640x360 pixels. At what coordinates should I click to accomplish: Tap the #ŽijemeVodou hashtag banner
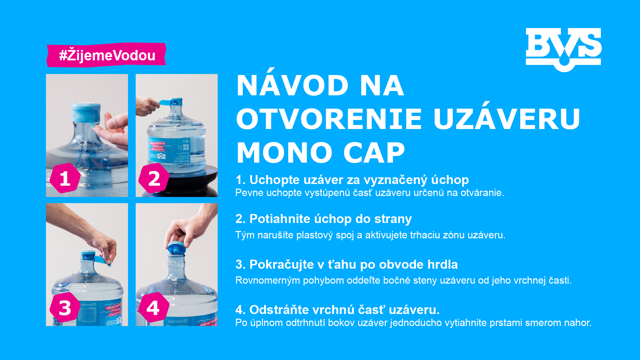107,55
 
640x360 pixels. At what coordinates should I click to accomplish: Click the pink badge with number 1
65,178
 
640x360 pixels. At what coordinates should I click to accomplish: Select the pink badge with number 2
154,179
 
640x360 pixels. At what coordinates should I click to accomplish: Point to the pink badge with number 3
65,308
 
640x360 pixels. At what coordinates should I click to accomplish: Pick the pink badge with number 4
153,308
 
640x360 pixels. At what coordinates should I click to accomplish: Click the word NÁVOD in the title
292,86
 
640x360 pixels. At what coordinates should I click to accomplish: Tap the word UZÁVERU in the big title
507,119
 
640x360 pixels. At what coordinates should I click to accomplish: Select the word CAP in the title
374,153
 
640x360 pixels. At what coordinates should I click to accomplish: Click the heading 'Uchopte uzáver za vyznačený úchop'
359,180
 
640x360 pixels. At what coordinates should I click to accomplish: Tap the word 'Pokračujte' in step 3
281,265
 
